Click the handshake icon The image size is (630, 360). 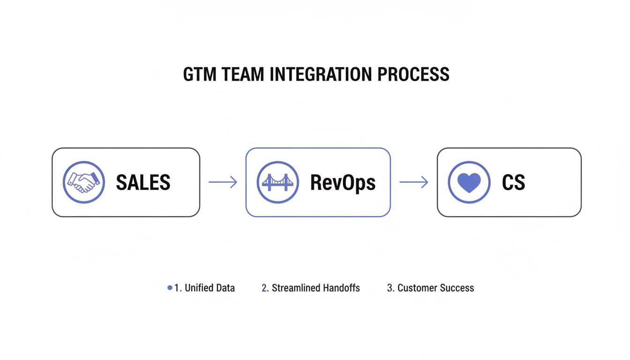[x=83, y=182]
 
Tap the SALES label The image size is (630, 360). [x=143, y=182]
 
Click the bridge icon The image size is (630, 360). [x=277, y=182]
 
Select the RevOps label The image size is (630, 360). [x=343, y=182]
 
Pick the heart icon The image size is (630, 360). [x=469, y=182]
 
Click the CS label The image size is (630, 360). [x=513, y=182]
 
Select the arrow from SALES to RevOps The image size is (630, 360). [x=223, y=182]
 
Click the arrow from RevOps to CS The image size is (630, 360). [x=413, y=182]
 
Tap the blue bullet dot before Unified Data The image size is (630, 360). [x=170, y=288]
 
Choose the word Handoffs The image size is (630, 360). [x=343, y=288]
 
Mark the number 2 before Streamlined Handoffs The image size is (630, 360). [x=264, y=288]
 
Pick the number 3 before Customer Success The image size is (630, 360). [x=390, y=288]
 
